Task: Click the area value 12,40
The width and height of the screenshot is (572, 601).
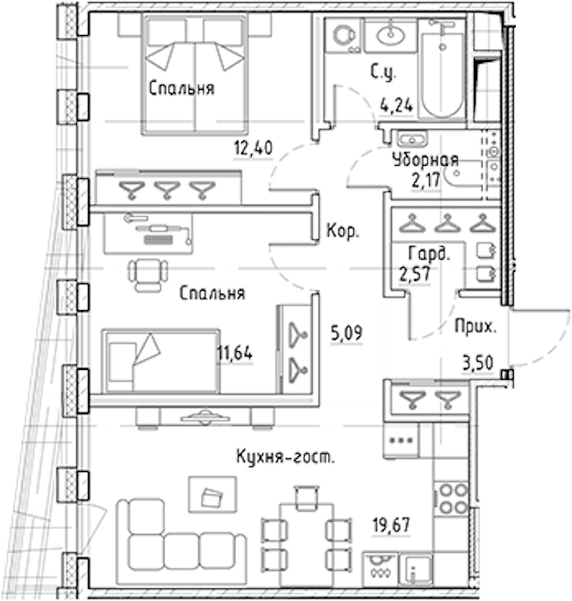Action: pyautogui.click(x=253, y=148)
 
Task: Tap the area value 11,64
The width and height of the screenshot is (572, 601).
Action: pyautogui.click(x=235, y=353)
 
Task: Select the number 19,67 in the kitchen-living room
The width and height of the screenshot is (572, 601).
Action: pyautogui.click(x=391, y=525)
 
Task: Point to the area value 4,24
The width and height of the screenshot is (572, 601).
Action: pyautogui.click(x=396, y=105)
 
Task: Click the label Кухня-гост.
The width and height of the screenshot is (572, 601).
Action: pyautogui.click(x=285, y=456)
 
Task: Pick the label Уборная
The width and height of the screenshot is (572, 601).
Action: pyautogui.click(x=426, y=160)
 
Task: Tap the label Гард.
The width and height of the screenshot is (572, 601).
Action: pyautogui.click(x=428, y=254)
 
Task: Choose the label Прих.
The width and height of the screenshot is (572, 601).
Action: pyautogui.click(x=476, y=327)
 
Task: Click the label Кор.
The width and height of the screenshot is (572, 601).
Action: pyautogui.click(x=342, y=231)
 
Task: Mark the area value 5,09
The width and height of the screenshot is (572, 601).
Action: pyautogui.click(x=346, y=333)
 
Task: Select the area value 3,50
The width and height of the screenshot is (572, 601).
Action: pyautogui.click(x=478, y=363)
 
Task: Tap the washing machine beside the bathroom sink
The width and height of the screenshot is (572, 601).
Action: pyautogui.click(x=343, y=37)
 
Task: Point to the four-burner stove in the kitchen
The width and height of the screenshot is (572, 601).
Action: pyautogui.click(x=451, y=498)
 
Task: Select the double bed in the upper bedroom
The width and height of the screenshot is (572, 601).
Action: pyautogui.click(x=194, y=74)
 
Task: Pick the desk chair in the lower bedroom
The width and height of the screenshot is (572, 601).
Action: pyautogui.click(x=148, y=275)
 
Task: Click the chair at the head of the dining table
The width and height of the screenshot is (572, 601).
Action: pyautogui.click(x=306, y=498)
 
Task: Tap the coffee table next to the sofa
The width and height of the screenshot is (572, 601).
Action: pyautogui.click(x=212, y=495)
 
